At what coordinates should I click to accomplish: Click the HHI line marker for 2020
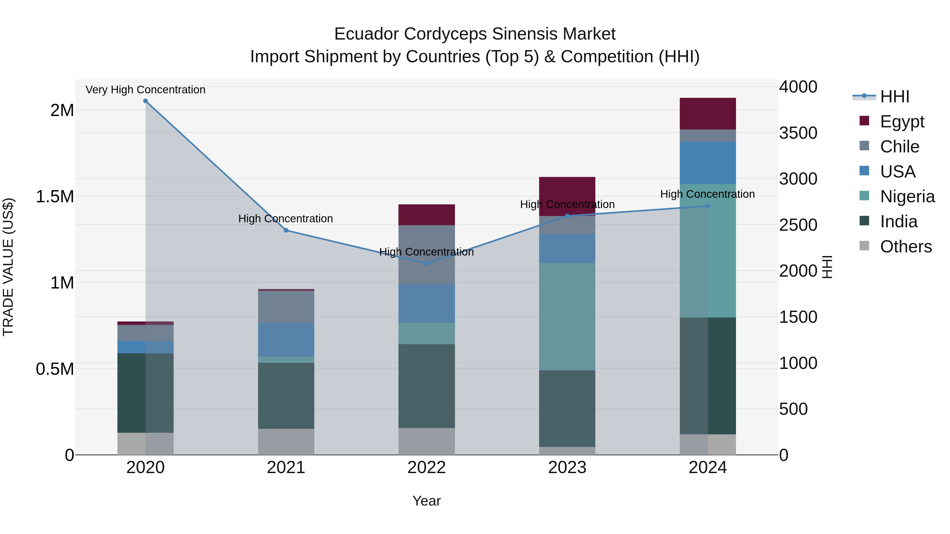145,101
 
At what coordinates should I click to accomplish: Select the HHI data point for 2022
427,263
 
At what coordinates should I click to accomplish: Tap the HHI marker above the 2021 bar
286,230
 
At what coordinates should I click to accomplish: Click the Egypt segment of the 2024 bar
708,113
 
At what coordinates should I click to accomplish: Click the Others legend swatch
864,246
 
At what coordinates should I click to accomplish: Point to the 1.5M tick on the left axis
55,196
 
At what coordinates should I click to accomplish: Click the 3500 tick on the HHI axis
798,133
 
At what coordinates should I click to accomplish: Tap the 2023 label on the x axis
567,468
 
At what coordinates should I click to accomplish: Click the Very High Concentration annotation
145,90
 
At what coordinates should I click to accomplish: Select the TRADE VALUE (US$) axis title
8,267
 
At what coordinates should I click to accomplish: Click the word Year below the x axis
427,501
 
